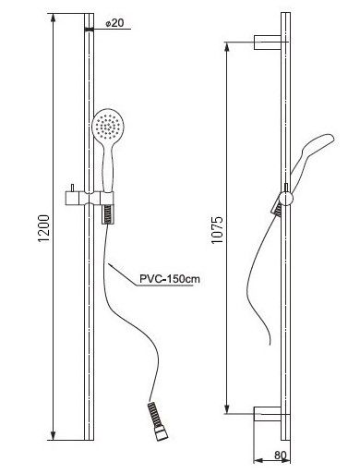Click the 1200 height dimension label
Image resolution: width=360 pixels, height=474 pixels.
(43, 228)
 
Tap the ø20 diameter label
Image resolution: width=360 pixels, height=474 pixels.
(114, 23)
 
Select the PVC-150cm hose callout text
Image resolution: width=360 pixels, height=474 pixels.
(170, 279)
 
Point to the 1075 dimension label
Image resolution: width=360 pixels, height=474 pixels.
(217, 230)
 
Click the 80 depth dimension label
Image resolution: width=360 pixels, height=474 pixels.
(280, 455)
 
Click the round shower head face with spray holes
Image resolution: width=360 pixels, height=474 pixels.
(105, 126)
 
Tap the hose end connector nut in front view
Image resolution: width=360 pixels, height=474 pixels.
(162, 435)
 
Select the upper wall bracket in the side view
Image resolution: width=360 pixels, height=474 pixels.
(268, 43)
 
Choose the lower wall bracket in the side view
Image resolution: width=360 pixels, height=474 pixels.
(268, 414)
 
